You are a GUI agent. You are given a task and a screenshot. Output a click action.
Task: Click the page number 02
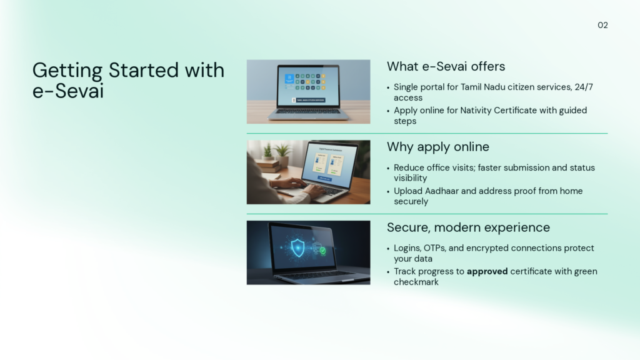[602, 25]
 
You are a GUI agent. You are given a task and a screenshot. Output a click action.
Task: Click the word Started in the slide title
[144, 70]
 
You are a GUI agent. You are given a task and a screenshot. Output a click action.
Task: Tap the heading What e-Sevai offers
[446, 66]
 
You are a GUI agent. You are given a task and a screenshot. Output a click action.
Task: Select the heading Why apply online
[438, 147]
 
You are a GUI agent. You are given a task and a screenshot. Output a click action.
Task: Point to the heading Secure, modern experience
[468, 227]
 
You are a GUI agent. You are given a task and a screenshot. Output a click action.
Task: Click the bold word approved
[487, 271]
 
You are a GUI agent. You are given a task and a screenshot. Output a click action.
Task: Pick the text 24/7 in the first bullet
[584, 87]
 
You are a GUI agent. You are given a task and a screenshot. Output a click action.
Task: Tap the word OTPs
[435, 248]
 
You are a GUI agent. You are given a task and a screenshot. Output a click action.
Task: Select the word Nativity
[476, 111]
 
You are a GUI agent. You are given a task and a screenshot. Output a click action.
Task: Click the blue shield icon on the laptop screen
[297, 247]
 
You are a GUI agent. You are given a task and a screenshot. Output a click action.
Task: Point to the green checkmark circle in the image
[322, 251]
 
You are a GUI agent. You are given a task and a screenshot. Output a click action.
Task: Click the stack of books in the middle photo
[270, 165]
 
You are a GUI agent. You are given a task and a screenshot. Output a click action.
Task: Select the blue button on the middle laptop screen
[325, 179]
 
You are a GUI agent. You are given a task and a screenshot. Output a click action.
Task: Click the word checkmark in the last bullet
[416, 282]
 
